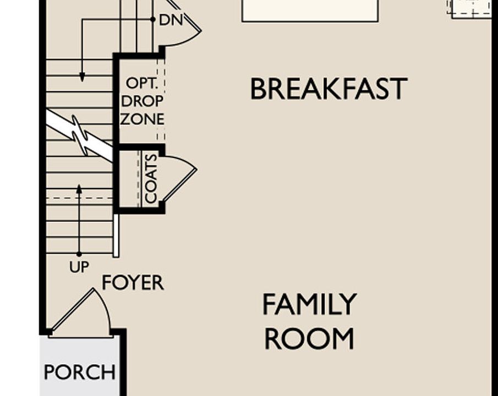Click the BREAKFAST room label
(329, 89)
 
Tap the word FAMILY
(309, 305)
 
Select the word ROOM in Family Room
(309, 339)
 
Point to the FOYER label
(133, 283)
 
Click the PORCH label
(80, 372)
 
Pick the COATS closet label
(151, 178)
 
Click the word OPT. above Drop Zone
(142, 84)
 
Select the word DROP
(142, 101)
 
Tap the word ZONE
(142, 119)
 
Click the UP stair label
(79, 267)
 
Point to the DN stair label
(170, 20)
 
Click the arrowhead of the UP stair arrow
(79, 189)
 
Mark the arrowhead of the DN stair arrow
(82, 78)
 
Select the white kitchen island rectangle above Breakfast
(310, 10)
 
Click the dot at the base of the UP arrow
(79, 254)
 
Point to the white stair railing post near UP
(116, 235)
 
